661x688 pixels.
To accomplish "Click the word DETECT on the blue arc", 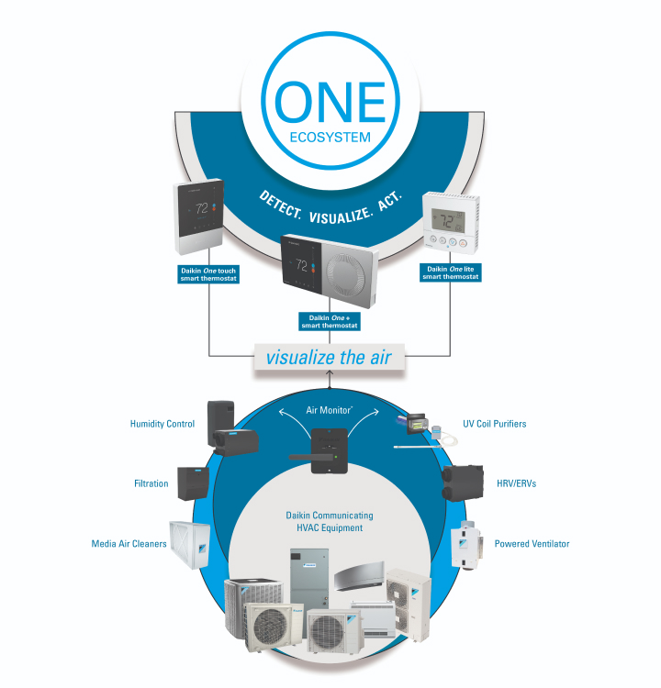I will point(280,203).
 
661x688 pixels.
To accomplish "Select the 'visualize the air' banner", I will point(330,357).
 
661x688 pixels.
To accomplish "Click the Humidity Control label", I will point(162,424).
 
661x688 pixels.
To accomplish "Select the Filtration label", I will point(151,483).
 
